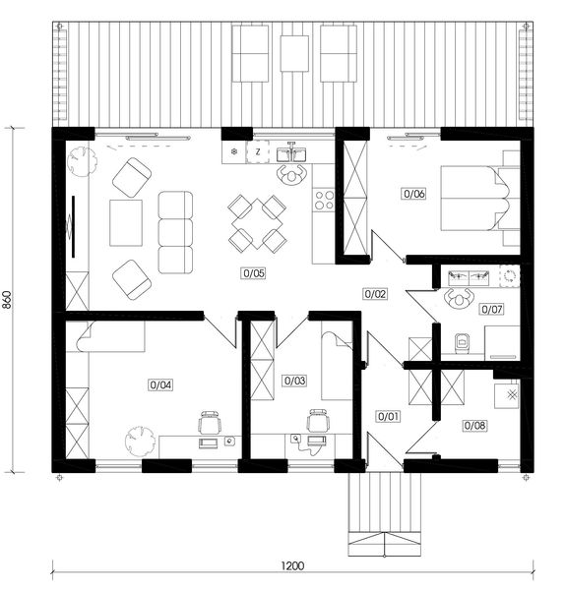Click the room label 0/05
click(252, 272)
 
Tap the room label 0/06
click(413, 194)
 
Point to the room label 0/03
click(294, 380)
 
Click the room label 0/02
click(376, 293)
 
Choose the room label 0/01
click(389, 416)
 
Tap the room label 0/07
click(492, 309)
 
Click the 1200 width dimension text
click(291, 565)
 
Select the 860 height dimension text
click(10, 300)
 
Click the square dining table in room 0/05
click(256, 223)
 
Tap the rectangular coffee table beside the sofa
click(126, 223)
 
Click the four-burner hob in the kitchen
click(324, 201)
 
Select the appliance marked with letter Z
click(258, 152)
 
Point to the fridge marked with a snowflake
click(233, 152)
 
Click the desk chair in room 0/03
click(316, 422)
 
